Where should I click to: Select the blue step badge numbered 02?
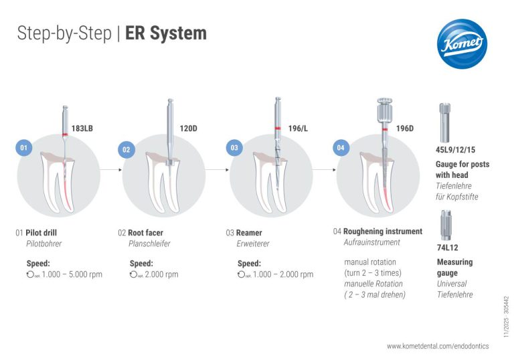126,150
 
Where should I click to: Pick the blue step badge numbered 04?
341,147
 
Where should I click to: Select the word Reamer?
250,233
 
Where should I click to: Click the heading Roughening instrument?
383,232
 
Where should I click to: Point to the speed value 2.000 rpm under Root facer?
161,274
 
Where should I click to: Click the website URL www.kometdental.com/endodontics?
438,346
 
